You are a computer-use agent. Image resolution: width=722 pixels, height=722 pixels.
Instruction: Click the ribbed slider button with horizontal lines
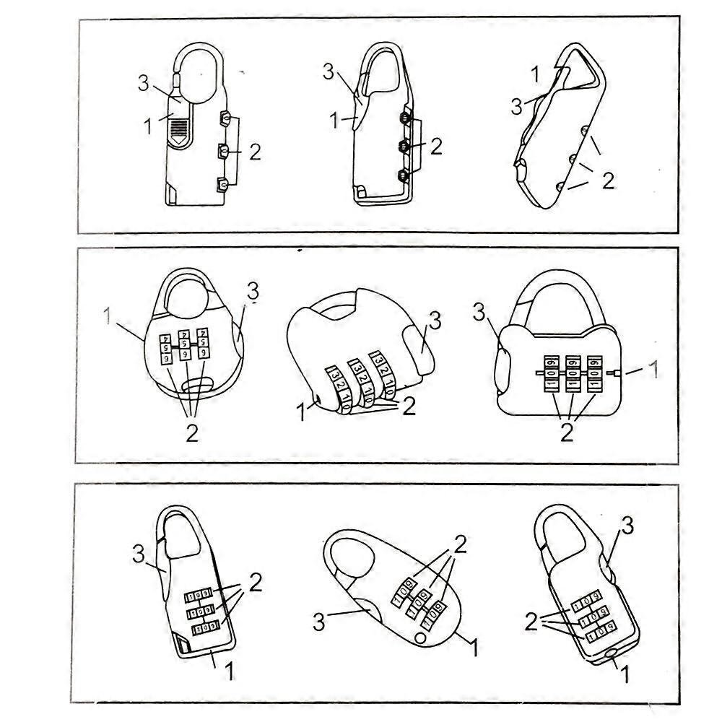coord(180,130)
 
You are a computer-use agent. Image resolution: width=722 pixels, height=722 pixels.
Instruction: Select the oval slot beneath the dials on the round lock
coord(193,386)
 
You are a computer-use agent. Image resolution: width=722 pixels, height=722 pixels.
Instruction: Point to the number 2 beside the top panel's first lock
coord(254,152)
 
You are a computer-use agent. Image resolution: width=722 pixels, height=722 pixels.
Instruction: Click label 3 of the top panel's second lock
coord(329,71)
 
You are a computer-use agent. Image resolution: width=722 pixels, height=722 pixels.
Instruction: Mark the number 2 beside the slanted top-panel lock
coord(608,180)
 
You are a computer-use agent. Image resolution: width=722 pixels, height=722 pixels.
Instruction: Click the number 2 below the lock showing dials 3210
coord(409,406)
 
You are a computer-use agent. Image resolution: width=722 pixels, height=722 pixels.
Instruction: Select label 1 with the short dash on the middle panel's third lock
coord(653,371)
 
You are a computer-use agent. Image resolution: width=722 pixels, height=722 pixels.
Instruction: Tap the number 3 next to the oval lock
coord(318,622)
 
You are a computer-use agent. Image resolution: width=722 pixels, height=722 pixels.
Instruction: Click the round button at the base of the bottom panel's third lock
coord(611,653)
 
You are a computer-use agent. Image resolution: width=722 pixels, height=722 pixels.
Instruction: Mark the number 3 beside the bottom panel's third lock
coord(627,526)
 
